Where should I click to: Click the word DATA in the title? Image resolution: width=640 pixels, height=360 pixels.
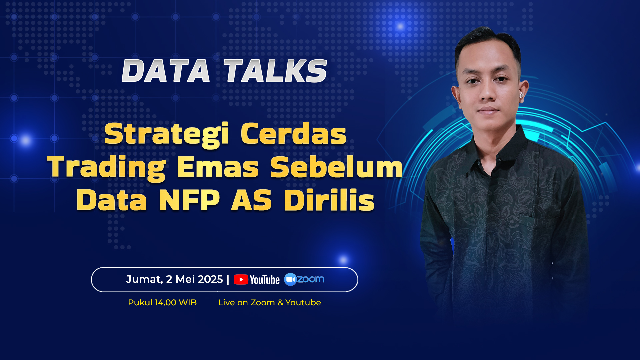(166, 71)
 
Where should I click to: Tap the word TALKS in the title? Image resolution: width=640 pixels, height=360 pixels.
(275, 71)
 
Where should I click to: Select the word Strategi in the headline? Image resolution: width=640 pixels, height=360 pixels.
(167, 135)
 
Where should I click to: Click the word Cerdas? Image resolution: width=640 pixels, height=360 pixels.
(294, 134)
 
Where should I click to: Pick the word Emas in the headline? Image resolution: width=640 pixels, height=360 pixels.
(218, 167)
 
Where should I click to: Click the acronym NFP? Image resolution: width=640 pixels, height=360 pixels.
(189, 200)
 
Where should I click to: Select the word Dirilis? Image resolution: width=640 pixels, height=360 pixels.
(329, 200)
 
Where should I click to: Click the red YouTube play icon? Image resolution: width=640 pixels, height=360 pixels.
(241, 279)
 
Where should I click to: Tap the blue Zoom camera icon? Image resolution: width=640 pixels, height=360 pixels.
(290, 279)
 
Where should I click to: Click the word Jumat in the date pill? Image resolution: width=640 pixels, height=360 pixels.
(144, 279)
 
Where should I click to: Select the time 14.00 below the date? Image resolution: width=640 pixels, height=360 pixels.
(165, 302)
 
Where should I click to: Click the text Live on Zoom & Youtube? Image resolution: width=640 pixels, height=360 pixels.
(269, 302)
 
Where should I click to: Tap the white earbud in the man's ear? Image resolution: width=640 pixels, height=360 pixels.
(521, 95)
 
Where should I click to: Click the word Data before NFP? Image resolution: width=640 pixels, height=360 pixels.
(112, 200)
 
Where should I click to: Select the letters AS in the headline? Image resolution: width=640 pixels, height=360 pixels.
(252, 200)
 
